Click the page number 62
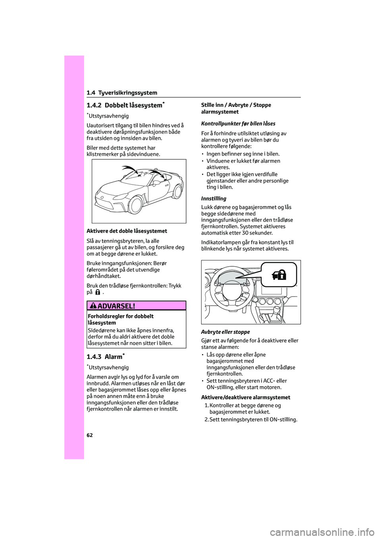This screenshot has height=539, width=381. [90, 435]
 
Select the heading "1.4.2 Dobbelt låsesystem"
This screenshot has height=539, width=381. [124, 105]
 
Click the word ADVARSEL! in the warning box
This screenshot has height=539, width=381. [116, 306]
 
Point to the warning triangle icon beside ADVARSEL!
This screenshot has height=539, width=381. [94, 306]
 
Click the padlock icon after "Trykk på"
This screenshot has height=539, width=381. [98, 292]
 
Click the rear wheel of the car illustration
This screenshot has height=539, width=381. [177, 191]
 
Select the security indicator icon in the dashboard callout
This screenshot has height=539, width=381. [279, 274]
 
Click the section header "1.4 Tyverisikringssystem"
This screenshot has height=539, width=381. [122, 92]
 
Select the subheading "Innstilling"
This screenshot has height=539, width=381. [214, 198]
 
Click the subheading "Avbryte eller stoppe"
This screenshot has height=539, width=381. [225, 332]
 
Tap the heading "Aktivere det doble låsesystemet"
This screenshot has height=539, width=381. [127, 231]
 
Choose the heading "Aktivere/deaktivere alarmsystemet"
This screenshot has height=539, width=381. [246, 397]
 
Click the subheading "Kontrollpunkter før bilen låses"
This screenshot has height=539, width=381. [238, 123]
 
